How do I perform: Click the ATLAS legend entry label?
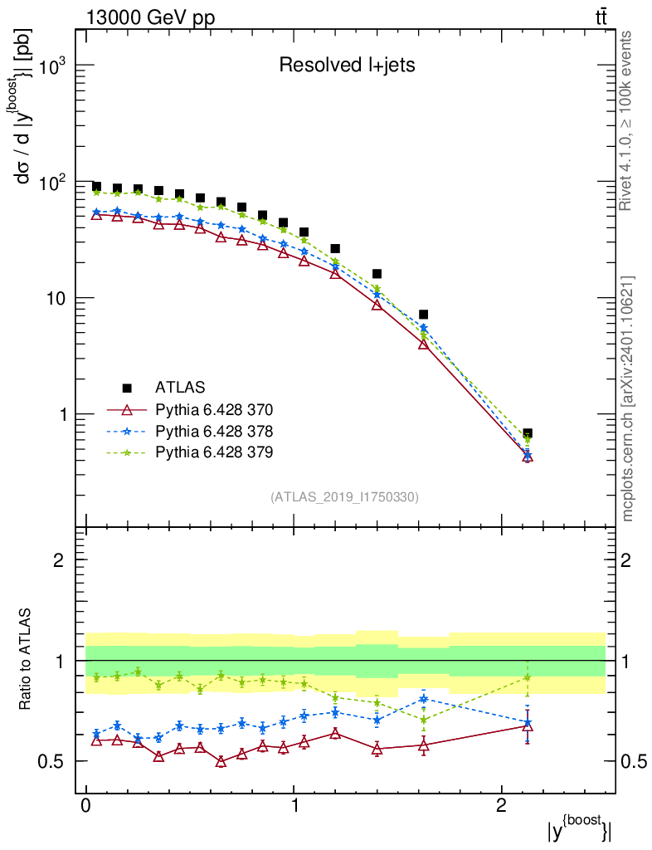click(x=180, y=387)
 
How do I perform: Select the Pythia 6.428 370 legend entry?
click(x=214, y=409)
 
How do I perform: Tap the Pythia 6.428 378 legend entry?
click(x=214, y=431)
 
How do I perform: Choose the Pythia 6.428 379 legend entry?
click(x=214, y=452)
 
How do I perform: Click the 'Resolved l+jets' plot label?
click(x=346, y=65)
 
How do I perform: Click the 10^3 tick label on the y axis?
click(x=51, y=66)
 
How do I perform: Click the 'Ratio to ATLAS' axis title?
click(x=27, y=660)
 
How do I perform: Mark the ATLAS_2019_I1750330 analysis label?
click(x=344, y=497)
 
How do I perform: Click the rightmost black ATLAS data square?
click(x=528, y=433)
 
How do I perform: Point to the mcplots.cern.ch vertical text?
click(x=628, y=398)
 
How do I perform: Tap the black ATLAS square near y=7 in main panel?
click(x=423, y=315)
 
